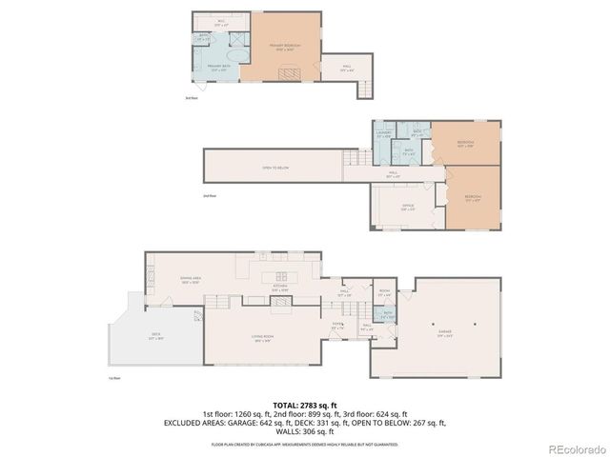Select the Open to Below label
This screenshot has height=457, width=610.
pyautogui.click(x=276, y=168)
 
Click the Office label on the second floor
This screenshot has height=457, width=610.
pyautogui.click(x=407, y=207)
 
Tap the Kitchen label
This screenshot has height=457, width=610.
pyautogui.click(x=281, y=287)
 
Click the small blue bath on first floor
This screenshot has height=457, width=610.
pyautogui.click(x=386, y=313)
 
